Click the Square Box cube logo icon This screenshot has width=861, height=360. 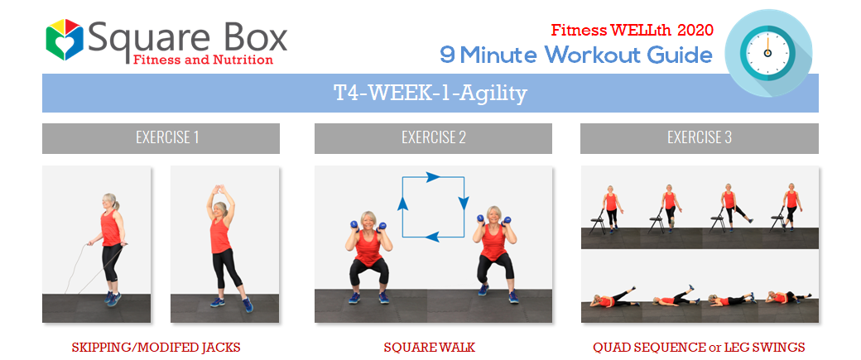point(65,40)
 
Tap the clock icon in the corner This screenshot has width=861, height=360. point(768,53)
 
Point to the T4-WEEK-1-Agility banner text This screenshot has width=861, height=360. point(430,94)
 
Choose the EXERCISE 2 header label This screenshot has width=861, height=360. point(434,137)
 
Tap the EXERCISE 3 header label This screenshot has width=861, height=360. point(700,137)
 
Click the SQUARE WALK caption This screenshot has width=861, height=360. point(429,348)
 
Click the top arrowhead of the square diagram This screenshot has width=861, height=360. point(433,177)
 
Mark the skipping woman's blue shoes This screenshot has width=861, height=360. point(113,298)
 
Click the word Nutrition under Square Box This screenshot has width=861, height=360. point(246,60)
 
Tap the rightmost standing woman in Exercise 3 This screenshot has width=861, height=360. point(790,206)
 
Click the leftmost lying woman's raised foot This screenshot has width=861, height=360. point(633,287)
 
